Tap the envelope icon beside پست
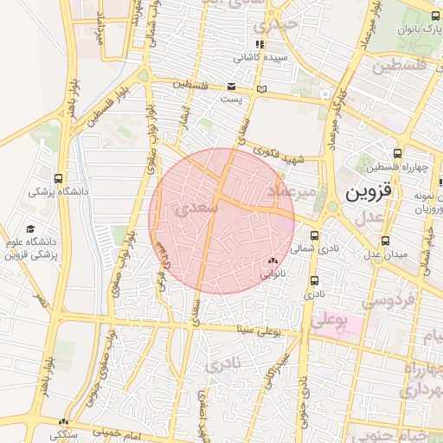click(x=231, y=86)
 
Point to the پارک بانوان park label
click(x=414, y=29)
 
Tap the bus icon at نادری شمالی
click(x=313, y=235)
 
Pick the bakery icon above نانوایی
click(x=273, y=260)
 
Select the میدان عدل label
click(x=384, y=254)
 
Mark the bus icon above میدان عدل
click(x=385, y=241)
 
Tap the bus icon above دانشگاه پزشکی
click(x=57, y=179)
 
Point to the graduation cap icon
click(x=31, y=229)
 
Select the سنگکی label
click(x=65, y=434)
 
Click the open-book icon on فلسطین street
click(x=262, y=89)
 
